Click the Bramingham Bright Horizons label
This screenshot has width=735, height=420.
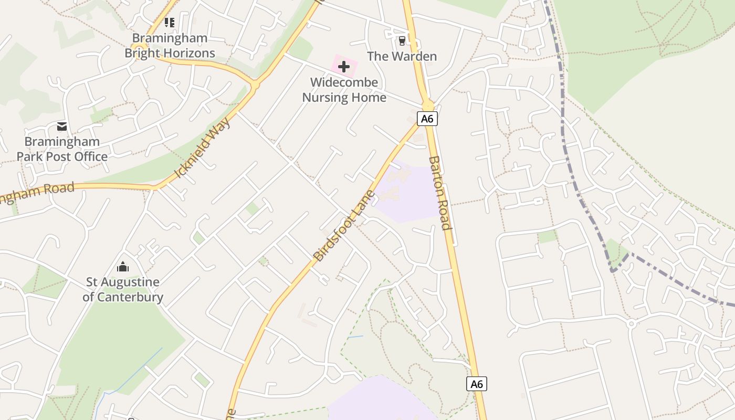pyautogui.click(x=170, y=46)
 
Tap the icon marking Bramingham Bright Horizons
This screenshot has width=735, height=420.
pyautogui.click(x=169, y=23)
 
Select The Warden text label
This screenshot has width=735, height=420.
pyautogui.click(x=402, y=56)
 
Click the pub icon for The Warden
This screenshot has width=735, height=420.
pyautogui.click(x=402, y=40)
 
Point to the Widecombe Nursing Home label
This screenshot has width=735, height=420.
pyautogui.click(x=344, y=90)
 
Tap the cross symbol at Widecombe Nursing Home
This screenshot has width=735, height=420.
pyautogui.click(x=344, y=67)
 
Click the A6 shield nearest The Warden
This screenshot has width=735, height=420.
pyautogui.click(x=427, y=119)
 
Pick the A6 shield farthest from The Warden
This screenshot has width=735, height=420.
pyautogui.click(x=477, y=384)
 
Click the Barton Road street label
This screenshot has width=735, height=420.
pyautogui.click(x=439, y=193)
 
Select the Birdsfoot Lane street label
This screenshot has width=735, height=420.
pyautogui.click(x=344, y=225)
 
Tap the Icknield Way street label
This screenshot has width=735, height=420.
pyautogui.click(x=202, y=148)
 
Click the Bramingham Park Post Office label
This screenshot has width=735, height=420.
pyautogui.click(x=62, y=149)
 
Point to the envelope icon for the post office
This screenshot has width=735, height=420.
pyautogui.click(x=62, y=127)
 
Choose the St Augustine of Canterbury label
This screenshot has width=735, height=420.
pyautogui.click(x=123, y=289)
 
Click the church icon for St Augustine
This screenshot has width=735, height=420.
pyautogui.click(x=123, y=267)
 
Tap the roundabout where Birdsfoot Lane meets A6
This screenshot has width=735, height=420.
pyautogui.click(x=427, y=104)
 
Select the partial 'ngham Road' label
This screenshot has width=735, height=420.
pyautogui.click(x=37, y=193)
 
